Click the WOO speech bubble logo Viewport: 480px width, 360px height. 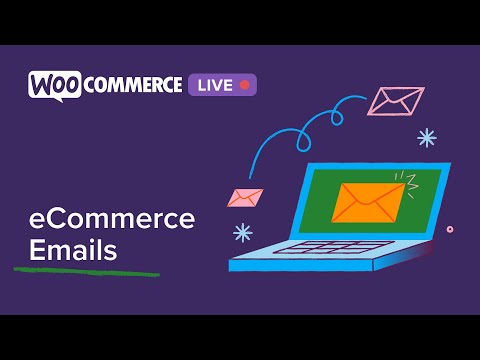point(55,85)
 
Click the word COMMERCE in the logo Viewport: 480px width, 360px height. point(133,85)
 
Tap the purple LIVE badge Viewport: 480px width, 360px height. point(221,85)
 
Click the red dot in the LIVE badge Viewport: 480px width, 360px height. point(244,85)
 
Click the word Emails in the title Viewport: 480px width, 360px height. point(73,250)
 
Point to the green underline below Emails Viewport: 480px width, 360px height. point(85,270)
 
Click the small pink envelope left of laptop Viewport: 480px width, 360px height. point(245,196)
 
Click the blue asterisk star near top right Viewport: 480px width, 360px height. point(427,137)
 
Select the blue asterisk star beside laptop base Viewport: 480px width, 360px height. point(242,232)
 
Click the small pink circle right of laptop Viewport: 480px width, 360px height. point(450,229)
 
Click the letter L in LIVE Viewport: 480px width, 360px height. point(200,85)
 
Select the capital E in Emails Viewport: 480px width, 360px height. point(36,250)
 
